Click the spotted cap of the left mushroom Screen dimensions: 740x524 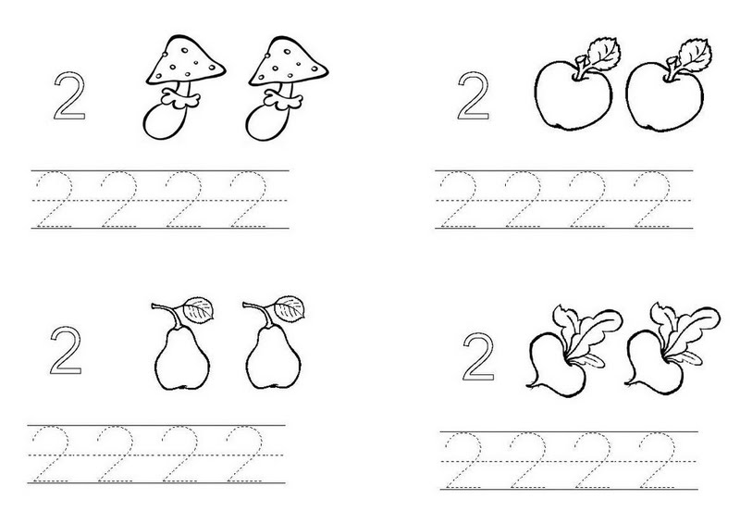pyautogui.click(x=186, y=60)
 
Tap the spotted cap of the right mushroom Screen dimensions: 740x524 pyautogui.click(x=289, y=60)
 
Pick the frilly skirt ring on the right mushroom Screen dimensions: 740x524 pyautogui.click(x=283, y=100)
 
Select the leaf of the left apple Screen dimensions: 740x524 pyautogui.click(x=603, y=54)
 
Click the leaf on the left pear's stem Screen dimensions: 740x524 pyautogui.click(x=198, y=310)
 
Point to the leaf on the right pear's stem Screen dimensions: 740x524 pyautogui.click(x=290, y=309)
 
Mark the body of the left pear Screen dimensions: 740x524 pyautogui.click(x=181, y=359)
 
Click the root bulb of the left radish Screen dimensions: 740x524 pyautogui.click(x=554, y=364)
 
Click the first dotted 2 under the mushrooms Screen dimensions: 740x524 pyautogui.click(x=55, y=199)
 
